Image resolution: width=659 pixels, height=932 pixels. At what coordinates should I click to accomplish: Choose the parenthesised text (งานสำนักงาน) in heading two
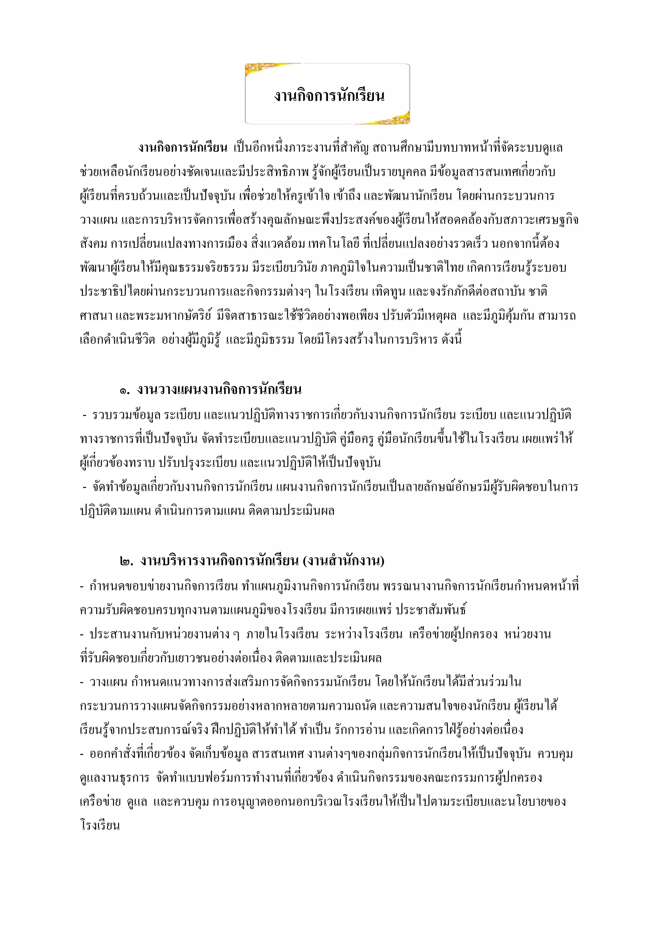click(343, 561)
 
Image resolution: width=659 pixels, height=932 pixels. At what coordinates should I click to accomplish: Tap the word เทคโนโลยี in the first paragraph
click(334, 244)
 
